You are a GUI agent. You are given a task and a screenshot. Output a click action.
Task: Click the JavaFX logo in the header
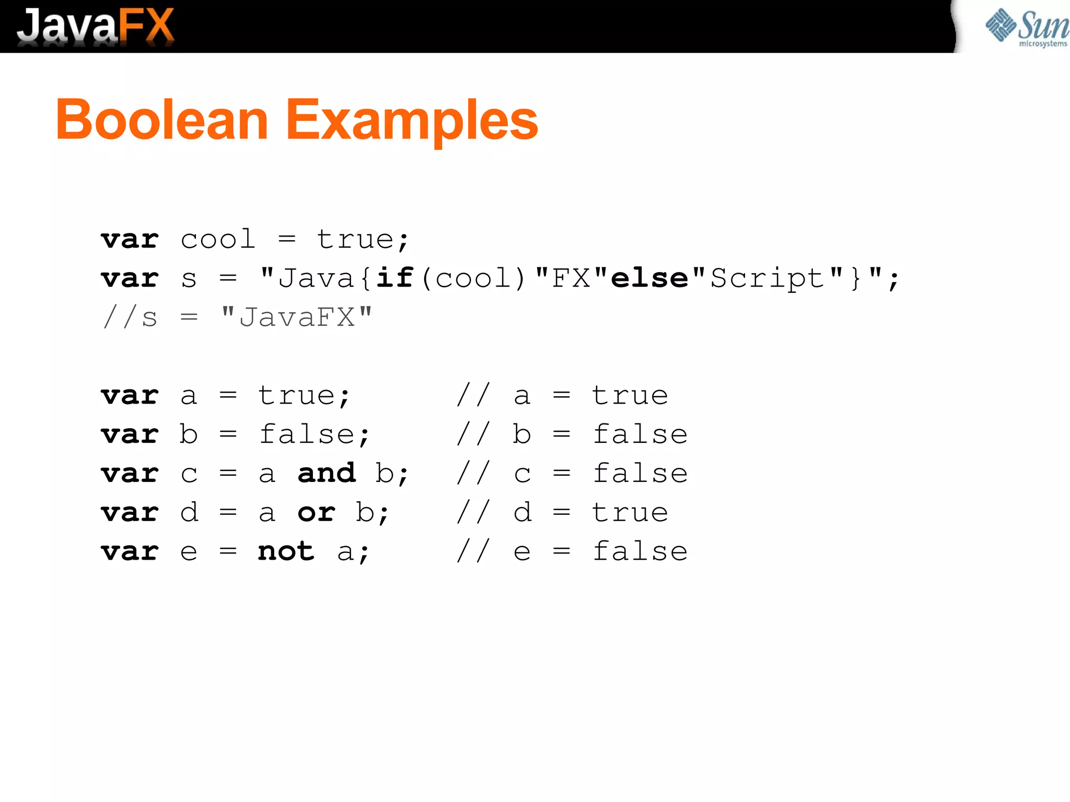coord(95,26)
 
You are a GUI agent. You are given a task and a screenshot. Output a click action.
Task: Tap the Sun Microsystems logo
coord(1026,27)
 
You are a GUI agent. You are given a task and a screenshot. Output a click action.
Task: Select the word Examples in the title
coord(412,121)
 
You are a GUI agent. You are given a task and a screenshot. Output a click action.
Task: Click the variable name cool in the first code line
coord(218,240)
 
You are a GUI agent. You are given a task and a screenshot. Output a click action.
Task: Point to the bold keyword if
coord(395,278)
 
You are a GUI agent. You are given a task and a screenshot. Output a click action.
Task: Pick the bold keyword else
coord(649,278)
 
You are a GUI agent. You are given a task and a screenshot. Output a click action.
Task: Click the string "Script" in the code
coord(767,278)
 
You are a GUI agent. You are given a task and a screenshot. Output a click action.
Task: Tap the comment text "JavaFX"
coord(297,317)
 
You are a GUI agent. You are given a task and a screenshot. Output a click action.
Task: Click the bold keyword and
coord(327,473)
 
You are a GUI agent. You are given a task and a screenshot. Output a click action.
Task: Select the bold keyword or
coord(317,512)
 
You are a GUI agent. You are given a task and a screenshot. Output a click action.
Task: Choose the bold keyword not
coord(286,551)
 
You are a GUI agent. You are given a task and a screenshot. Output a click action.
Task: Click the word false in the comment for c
coord(640,473)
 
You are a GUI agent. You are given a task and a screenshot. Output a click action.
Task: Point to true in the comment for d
coord(630,512)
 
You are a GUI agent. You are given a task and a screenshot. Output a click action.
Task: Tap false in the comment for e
coord(640,551)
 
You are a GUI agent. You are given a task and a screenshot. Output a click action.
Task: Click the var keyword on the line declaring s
coord(130,278)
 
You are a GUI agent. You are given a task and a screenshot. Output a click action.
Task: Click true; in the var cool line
coord(363,240)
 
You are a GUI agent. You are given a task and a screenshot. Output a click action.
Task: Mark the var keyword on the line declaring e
coord(130,551)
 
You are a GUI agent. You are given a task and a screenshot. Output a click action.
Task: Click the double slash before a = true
coord(473,395)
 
